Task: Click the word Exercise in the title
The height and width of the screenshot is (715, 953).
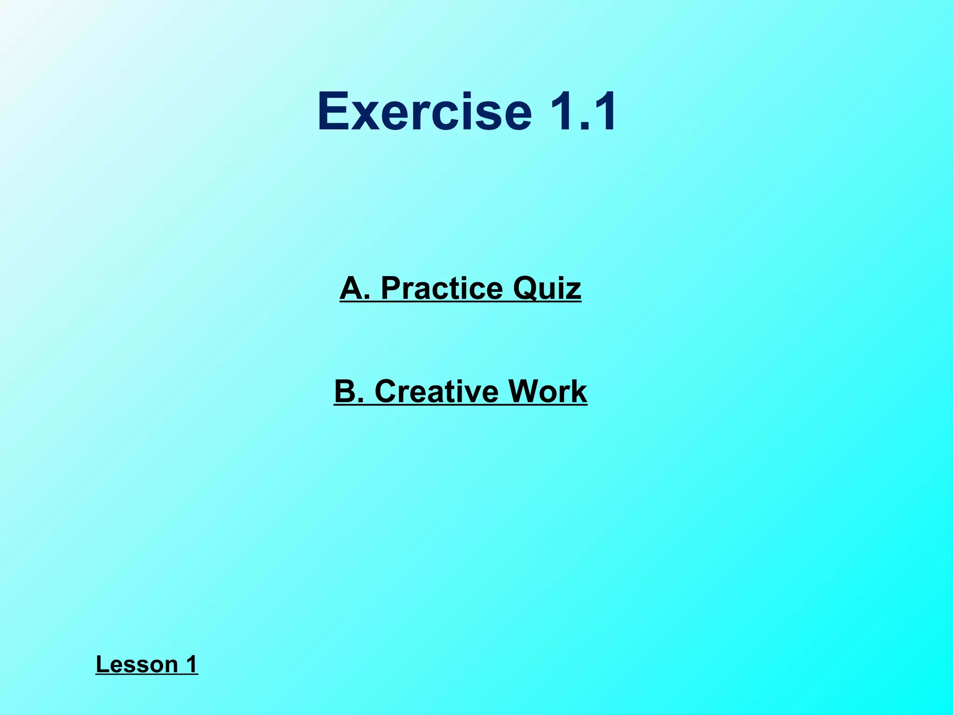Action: [424, 112]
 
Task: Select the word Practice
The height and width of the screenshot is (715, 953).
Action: [442, 288]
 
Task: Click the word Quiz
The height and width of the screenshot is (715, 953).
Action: [547, 288]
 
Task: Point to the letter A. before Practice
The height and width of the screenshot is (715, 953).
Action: [355, 288]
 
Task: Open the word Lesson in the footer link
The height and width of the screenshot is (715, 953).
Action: [137, 664]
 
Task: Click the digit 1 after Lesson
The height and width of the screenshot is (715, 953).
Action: [191, 664]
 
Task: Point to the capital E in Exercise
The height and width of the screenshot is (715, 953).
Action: [333, 112]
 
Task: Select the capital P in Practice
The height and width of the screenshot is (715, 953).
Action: [391, 288]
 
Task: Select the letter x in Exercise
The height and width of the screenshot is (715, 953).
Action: [365, 115]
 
